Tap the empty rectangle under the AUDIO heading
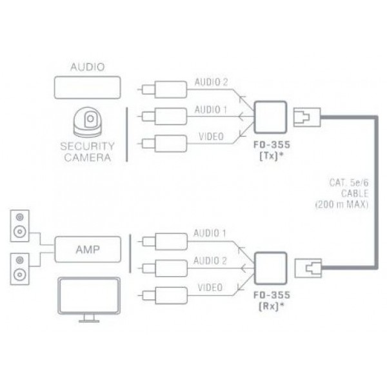(x=86, y=87)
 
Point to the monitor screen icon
(x=88, y=297)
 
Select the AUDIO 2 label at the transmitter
(x=211, y=83)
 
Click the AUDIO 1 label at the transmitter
(x=211, y=110)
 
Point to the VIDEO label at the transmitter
(x=208, y=137)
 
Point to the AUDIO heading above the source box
(x=86, y=66)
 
